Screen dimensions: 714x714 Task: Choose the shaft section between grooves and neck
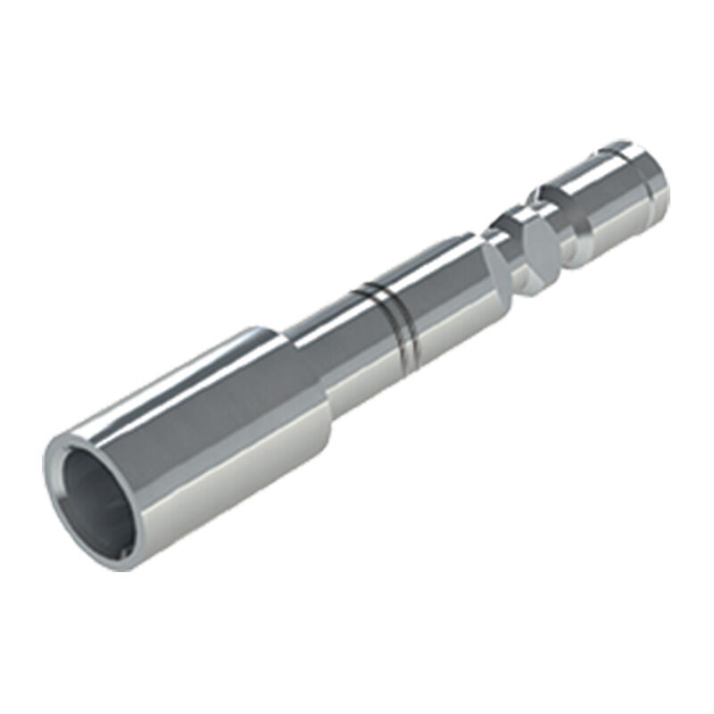tap(446, 286)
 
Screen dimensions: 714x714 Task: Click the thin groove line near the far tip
tap(624, 152)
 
